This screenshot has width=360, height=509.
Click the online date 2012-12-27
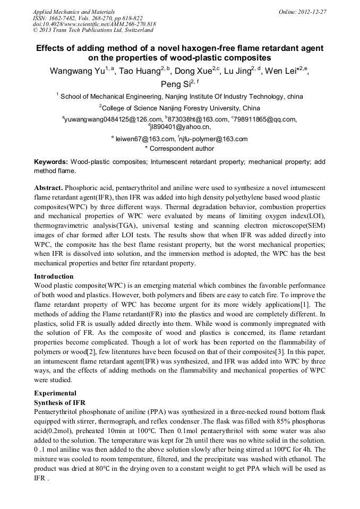(313, 11)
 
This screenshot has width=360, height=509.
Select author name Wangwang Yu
(76, 71)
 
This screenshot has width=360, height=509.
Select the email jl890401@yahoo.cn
(181, 127)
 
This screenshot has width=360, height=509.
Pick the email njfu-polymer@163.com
(214, 139)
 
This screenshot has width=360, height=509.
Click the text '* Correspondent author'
(179, 149)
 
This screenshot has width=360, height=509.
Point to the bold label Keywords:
(51, 161)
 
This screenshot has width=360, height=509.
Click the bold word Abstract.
(49, 188)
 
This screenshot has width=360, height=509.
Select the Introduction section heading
(54, 277)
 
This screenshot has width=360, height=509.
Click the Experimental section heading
(55, 393)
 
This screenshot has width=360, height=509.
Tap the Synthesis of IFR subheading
(59, 402)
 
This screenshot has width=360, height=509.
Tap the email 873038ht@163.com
(198, 119)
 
